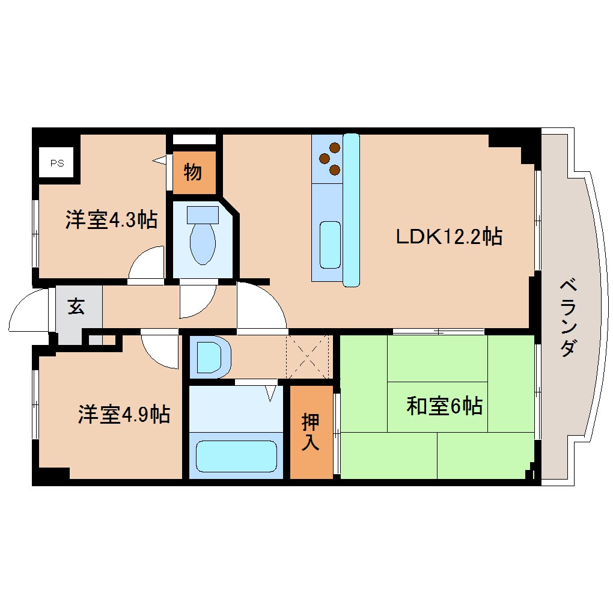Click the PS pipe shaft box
click(x=56, y=162)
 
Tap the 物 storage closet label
click(x=193, y=173)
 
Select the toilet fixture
click(x=203, y=243)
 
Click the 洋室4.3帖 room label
click(x=111, y=220)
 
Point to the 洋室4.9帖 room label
click(x=123, y=415)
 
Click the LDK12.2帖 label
click(x=448, y=237)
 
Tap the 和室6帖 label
click(x=444, y=407)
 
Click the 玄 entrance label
click(x=76, y=306)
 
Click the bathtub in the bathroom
click(x=237, y=457)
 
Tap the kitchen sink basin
click(x=330, y=245)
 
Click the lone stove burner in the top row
click(x=335, y=147)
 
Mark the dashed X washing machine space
click(x=308, y=357)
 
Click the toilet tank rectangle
click(x=203, y=214)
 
